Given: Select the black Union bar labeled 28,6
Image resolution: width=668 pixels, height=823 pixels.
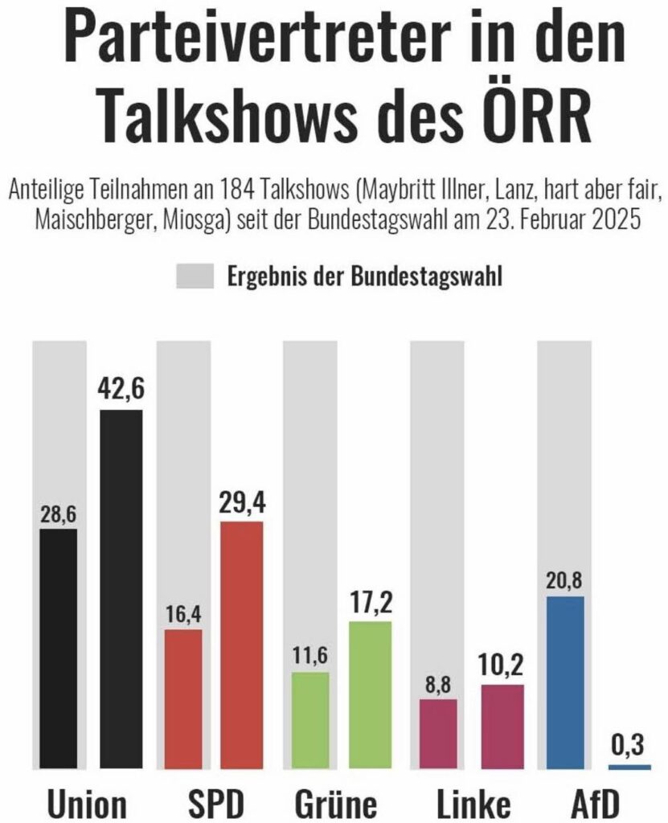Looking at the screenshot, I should click(x=59, y=649).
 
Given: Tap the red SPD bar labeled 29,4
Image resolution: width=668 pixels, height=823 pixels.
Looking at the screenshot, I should click(x=241, y=645).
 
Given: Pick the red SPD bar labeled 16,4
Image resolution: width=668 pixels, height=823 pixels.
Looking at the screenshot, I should click(x=183, y=699).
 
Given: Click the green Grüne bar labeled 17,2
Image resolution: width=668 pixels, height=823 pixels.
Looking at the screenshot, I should click(x=370, y=695).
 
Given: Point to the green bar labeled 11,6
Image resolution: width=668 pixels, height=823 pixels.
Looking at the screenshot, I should click(x=310, y=720).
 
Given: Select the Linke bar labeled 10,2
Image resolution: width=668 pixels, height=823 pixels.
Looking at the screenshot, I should click(x=502, y=727).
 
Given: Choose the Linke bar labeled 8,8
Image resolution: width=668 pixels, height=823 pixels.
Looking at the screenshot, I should click(x=437, y=734).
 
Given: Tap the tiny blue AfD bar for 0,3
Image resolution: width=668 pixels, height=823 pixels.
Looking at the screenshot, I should click(x=629, y=768).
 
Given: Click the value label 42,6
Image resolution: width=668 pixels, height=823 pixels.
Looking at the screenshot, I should click(x=121, y=392).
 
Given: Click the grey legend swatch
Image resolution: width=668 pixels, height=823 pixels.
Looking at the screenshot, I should click(x=195, y=277).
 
